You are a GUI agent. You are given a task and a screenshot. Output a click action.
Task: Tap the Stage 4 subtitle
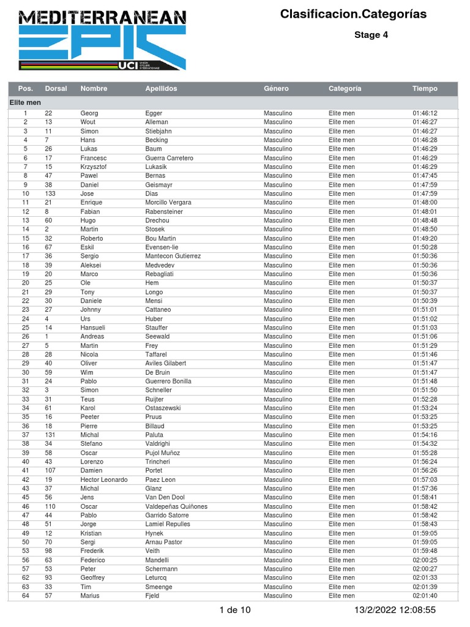371,35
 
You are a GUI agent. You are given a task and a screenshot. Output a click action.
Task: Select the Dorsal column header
56,88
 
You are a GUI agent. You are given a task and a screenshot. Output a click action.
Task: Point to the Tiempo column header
425,88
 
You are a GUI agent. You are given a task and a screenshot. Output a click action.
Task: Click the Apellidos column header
161,88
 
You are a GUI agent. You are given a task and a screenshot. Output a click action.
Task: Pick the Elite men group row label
25,102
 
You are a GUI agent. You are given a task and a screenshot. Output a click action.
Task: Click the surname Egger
154,113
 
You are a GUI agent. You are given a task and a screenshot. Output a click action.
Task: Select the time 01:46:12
425,113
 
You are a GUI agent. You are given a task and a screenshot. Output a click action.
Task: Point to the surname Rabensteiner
164,211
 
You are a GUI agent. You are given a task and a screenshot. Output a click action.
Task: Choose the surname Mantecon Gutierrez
173,256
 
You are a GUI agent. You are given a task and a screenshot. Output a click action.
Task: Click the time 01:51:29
425,345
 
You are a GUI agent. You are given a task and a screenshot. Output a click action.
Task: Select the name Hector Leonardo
104,479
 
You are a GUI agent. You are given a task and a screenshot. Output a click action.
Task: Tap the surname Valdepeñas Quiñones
176,506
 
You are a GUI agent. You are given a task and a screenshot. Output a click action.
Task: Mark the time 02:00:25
425,560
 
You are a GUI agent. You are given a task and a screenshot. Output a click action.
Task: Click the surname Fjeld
152,596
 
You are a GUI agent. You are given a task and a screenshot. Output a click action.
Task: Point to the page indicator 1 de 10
235,610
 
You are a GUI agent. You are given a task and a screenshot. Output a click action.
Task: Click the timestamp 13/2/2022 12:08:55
395,610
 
